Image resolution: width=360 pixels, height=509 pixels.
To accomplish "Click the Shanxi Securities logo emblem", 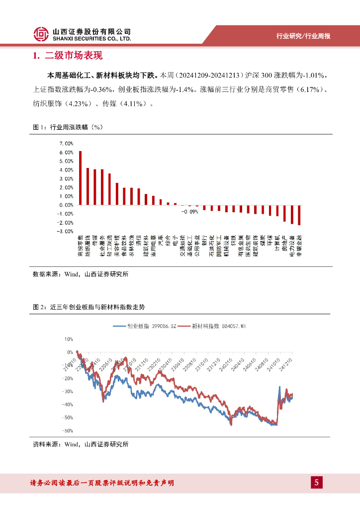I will (41, 34).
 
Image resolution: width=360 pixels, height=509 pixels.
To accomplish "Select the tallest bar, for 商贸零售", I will (81, 177).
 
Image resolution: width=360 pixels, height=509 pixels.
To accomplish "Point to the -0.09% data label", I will (189, 211).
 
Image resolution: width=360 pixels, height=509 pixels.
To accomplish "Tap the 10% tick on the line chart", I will (69, 339).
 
